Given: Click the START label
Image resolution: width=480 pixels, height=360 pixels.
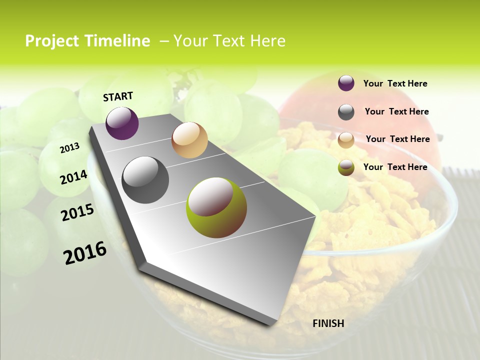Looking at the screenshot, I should [x=118, y=96].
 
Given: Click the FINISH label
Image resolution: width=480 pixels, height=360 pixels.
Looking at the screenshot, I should [x=328, y=323].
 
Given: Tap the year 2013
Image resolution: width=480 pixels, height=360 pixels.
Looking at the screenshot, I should [x=69, y=147].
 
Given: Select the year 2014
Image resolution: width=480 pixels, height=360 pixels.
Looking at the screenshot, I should [x=73, y=177].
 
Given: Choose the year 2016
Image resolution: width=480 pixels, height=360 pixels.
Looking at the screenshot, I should [x=85, y=252].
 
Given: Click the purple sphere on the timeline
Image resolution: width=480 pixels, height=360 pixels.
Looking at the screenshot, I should [x=122, y=123].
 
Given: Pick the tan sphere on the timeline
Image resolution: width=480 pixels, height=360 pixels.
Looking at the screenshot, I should [x=189, y=140].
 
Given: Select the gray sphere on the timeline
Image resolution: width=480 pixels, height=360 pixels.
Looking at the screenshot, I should [x=145, y=180].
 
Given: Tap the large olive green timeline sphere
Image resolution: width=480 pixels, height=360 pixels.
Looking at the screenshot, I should [x=216, y=207].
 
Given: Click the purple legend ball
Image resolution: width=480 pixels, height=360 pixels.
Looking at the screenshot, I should [x=346, y=83].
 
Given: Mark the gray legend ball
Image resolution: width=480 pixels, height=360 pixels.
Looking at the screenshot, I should [x=346, y=112].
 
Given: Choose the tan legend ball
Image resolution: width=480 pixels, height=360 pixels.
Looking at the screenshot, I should [x=346, y=140].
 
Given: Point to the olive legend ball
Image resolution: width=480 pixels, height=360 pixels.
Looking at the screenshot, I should [x=346, y=167].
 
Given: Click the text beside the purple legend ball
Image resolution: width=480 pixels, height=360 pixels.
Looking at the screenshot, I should [x=395, y=83].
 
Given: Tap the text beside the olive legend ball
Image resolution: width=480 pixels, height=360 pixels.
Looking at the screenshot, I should [x=395, y=167].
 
